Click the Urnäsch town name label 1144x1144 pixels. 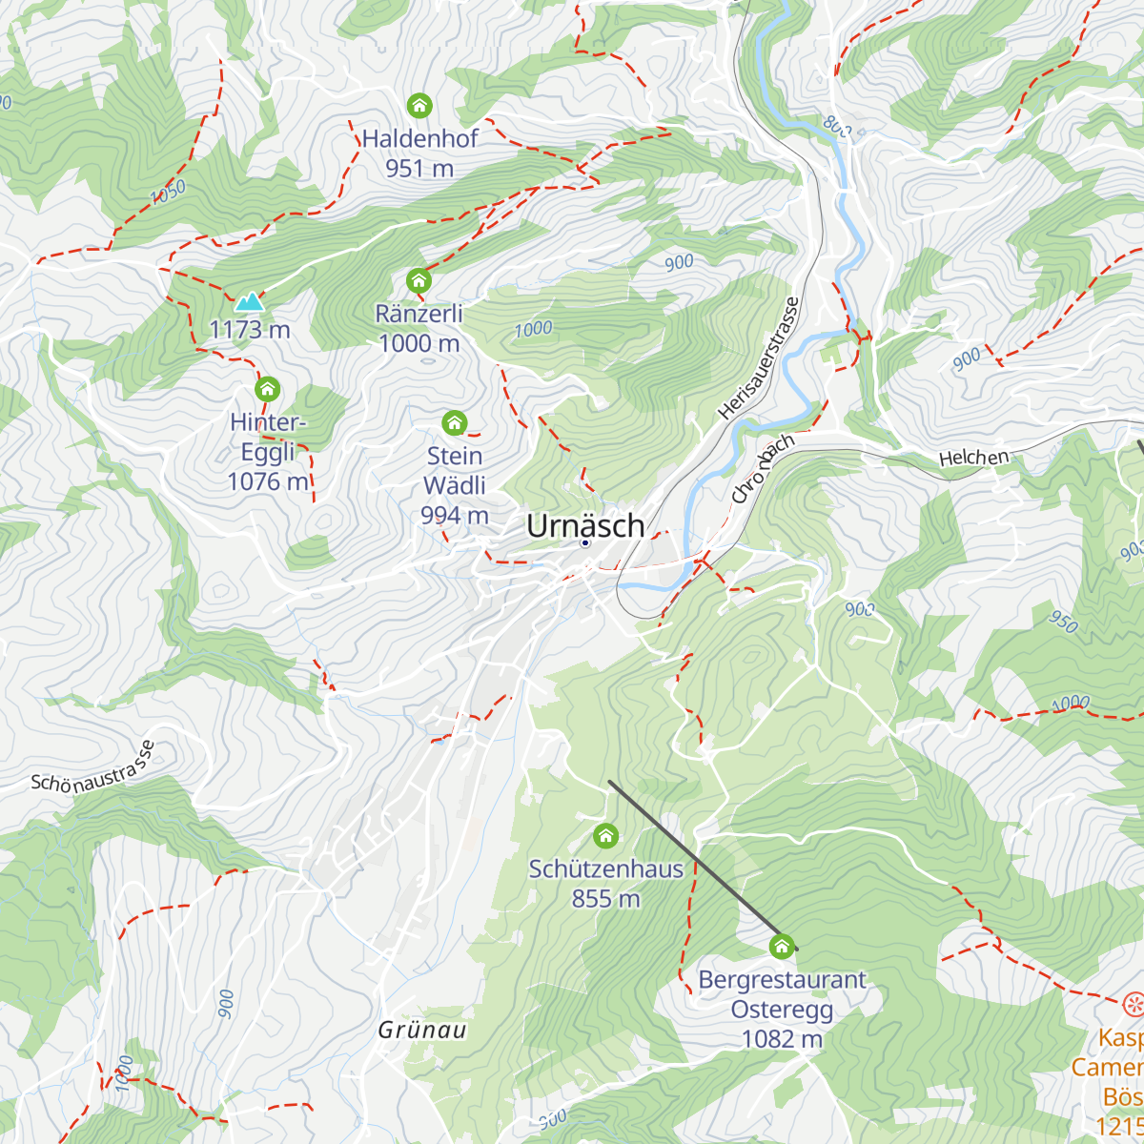(585, 525)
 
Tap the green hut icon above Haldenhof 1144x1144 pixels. (419, 105)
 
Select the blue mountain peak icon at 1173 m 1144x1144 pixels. (250, 302)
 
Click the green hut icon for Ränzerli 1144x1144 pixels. (419, 280)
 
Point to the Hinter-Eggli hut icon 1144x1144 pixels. (268, 389)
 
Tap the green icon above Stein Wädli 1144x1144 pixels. (455, 422)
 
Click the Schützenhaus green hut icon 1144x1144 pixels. (605, 836)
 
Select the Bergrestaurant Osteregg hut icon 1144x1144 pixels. (782, 946)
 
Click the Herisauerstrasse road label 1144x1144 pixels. (759, 358)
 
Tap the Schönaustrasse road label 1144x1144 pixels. (92, 767)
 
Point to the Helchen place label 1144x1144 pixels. (973, 459)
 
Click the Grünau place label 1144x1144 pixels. (422, 1031)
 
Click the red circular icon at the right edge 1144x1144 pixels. (1133, 1003)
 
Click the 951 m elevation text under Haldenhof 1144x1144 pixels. (419, 169)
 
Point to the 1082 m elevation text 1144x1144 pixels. (782, 1039)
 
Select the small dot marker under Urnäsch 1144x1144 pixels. (585, 542)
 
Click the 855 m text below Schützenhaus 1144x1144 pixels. (605, 899)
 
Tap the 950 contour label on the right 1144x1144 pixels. (1063, 622)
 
